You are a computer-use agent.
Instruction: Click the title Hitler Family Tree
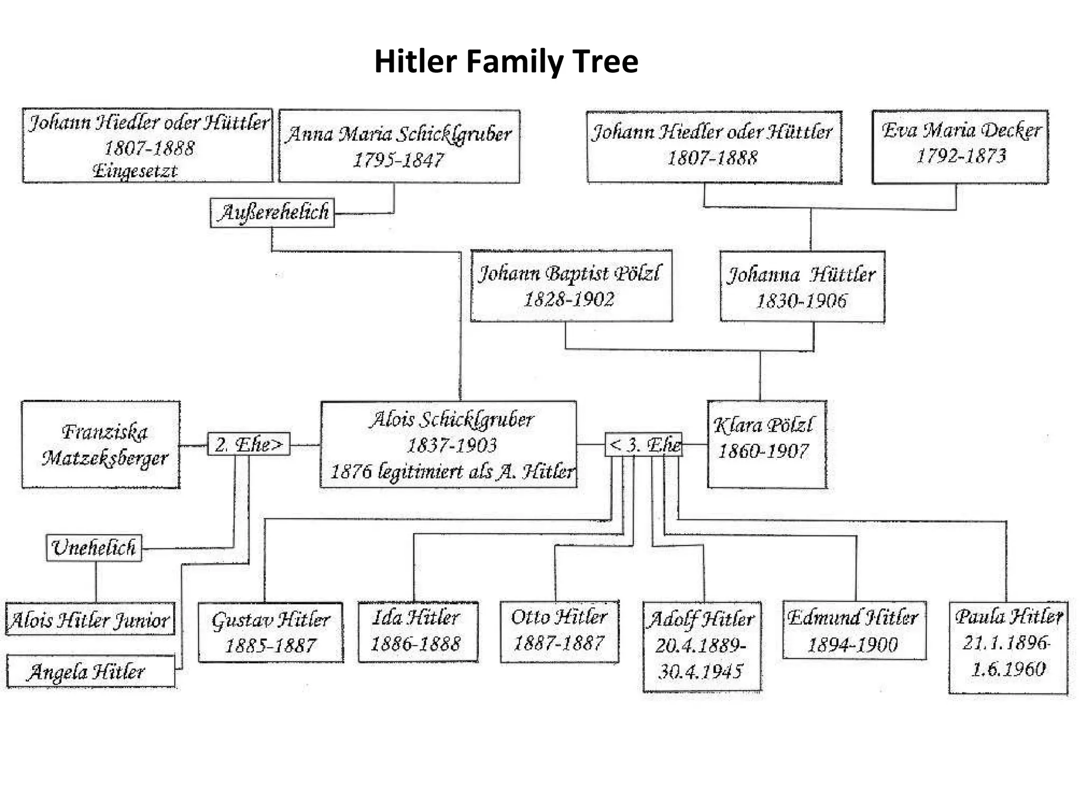506,61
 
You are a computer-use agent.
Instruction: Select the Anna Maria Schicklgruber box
399,146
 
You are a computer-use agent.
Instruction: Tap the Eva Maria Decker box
960,146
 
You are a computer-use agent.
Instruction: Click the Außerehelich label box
272,213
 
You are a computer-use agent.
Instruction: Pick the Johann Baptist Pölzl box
571,285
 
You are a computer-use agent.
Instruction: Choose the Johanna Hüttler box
802,286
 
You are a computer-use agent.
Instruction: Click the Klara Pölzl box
766,444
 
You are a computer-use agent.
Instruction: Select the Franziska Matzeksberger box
101,444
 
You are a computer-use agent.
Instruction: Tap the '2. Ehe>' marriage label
249,444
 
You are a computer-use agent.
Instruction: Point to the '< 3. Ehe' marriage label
643,444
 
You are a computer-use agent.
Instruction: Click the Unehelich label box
94,548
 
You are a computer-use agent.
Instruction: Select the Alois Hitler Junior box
90,619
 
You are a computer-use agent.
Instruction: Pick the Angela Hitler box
90,671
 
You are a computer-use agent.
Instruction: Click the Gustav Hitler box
271,632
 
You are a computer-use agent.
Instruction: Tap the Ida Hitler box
418,631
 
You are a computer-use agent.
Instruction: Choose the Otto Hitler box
560,631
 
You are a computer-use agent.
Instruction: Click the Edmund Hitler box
854,630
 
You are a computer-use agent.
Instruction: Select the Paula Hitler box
1008,647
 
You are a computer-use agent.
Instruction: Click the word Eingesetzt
135,171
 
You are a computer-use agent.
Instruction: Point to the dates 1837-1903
452,446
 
